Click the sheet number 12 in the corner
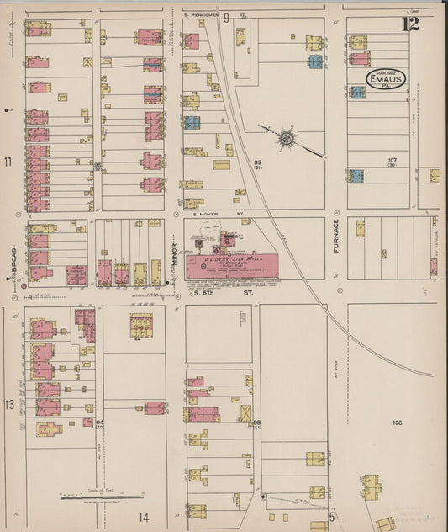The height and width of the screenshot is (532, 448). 410,24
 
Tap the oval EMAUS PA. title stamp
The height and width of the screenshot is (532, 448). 386,80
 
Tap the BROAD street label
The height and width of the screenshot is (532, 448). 14,262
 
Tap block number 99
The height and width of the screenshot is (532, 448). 259,162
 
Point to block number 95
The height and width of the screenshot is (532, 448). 98,166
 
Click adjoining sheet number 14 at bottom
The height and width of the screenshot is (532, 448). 144,516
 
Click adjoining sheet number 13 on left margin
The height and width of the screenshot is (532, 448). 9,406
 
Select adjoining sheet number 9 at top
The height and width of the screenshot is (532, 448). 225,16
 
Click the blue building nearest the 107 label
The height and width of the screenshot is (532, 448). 357,176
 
